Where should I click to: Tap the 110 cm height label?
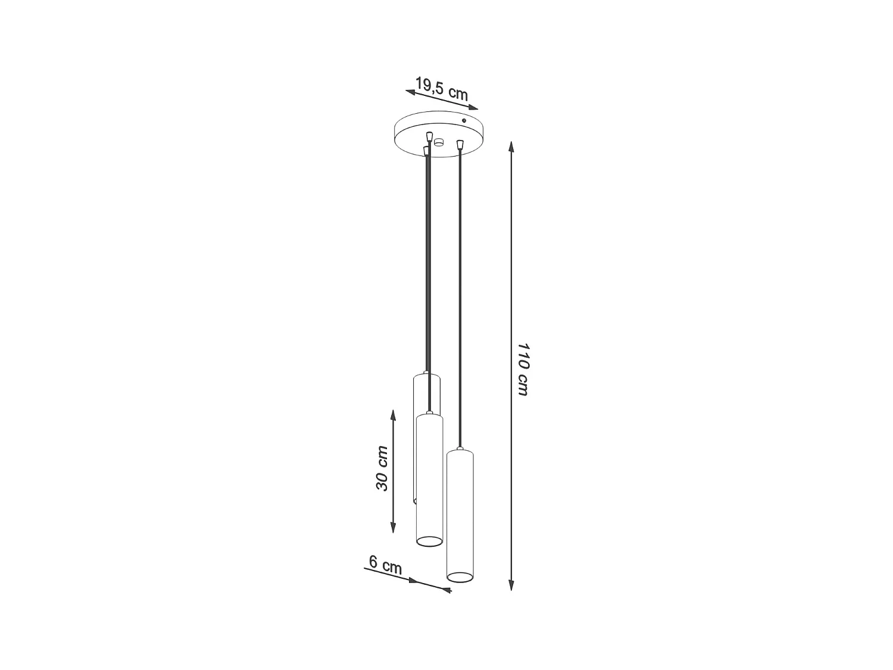pyautogui.click(x=522, y=369)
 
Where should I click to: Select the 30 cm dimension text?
pyautogui.click(x=382, y=468)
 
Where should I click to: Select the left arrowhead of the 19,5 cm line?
pyautogui.click(x=410, y=92)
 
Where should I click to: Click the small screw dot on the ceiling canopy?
pyautogui.click(x=464, y=121)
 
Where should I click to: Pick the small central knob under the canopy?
pyautogui.click(x=439, y=142)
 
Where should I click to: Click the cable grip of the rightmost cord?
pyautogui.click(x=459, y=144)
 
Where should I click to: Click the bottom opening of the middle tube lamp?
pyautogui.click(x=429, y=541)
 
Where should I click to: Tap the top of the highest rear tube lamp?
pyautogui.click(x=426, y=375)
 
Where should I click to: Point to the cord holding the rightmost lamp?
pyautogui.click(x=460, y=298)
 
